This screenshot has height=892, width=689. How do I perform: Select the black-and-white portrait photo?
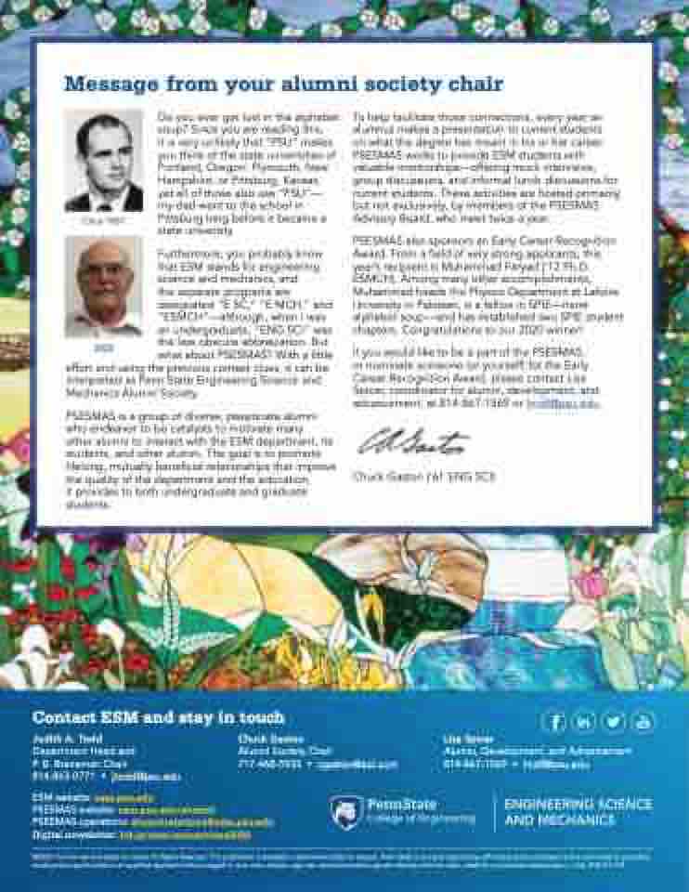click(x=104, y=162)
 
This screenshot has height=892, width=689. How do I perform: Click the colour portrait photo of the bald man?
click(x=104, y=286)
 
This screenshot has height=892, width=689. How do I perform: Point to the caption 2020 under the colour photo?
click(x=102, y=348)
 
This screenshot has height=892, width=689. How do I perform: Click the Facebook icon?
click(x=554, y=721)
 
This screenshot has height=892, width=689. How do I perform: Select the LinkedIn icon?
click(x=584, y=721)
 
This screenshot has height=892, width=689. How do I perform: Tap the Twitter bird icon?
click(x=614, y=721)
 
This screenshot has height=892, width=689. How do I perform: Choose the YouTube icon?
click(x=643, y=721)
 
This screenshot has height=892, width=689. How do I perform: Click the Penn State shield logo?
click(x=347, y=811)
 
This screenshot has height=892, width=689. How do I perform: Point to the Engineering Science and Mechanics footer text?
click(x=578, y=811)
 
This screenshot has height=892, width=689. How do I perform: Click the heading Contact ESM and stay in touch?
click(x=159, y=717)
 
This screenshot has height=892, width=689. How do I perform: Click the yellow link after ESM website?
click(x=110, y=798)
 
